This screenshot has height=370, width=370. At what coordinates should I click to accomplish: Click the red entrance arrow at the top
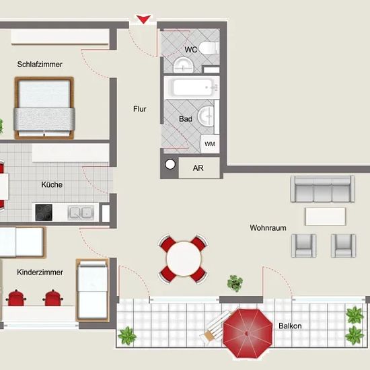[x=143, y=19]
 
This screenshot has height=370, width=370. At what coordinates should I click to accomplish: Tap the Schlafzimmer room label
[x=40, y=64]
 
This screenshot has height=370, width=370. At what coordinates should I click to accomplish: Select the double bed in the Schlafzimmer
[x=44, y=108]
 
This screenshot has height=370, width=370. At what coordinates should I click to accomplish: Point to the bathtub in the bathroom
[x=194, y=87]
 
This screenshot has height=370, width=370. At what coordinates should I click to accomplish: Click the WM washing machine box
[x=209, y=144]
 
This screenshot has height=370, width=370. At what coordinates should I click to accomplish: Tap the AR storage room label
[x=198, y=168]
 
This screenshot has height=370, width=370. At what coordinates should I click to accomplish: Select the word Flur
[x=140, y=109]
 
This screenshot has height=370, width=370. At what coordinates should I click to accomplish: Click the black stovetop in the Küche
[x=44, y=212]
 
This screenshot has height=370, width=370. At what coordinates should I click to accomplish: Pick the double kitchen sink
[x=81, y=212]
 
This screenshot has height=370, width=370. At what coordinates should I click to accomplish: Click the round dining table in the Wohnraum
[x=184, y=258]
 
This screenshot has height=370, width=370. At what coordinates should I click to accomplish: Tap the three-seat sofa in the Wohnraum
[x=322, y=189]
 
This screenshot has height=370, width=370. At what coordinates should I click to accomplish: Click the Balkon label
[x=290, y=326]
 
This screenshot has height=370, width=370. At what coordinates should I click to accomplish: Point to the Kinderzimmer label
[x=40, y=272]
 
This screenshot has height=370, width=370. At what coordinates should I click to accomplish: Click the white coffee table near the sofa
[x=326, y=217]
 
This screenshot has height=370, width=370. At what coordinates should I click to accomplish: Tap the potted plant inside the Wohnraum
[x=235, y=283]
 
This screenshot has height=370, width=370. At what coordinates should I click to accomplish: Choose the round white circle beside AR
[x=170, y=164]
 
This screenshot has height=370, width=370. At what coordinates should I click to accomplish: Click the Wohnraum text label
[x=268, y=227]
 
